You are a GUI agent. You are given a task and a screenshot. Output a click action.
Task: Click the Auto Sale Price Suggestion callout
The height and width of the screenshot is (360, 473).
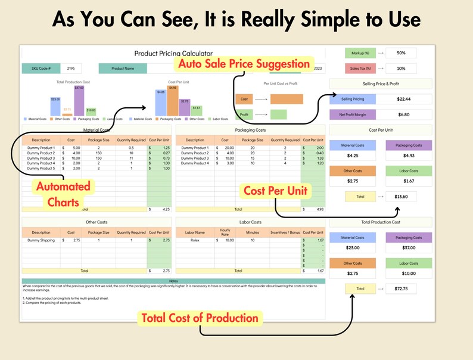(243, 64)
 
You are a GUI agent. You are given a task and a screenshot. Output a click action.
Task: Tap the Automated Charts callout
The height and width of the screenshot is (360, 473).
(64, 194)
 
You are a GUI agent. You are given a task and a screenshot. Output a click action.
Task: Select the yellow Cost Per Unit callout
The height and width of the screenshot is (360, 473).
(276, 191)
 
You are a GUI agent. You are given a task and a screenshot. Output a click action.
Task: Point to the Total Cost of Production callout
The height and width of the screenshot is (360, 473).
(200, 318)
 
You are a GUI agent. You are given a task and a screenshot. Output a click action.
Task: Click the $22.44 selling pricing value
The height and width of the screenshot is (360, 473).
(403, 99)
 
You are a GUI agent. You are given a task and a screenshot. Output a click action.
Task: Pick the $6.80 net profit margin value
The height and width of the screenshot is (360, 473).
(403, 114)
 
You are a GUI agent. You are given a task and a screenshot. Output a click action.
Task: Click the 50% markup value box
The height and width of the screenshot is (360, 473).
(401, 53)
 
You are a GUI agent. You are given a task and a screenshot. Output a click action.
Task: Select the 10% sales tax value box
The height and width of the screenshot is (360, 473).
(401, 69)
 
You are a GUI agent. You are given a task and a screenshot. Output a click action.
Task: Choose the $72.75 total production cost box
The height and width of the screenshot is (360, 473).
(401, 288)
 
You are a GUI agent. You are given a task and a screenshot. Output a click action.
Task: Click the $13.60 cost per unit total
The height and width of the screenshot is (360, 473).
(401, 196)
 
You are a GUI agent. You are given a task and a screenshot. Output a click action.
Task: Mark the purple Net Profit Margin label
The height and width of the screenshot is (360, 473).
(353, 114)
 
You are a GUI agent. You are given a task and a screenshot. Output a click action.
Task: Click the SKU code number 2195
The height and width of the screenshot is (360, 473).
(71, 69)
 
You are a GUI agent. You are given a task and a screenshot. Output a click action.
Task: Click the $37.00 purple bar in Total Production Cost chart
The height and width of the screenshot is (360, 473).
(79, 100)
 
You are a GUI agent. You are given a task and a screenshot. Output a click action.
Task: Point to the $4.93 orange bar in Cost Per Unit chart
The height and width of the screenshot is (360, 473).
(173, 101)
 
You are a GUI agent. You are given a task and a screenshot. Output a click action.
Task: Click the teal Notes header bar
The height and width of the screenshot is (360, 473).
(173, 281)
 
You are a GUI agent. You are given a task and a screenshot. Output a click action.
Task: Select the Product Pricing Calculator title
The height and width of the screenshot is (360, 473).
(173, 54)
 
